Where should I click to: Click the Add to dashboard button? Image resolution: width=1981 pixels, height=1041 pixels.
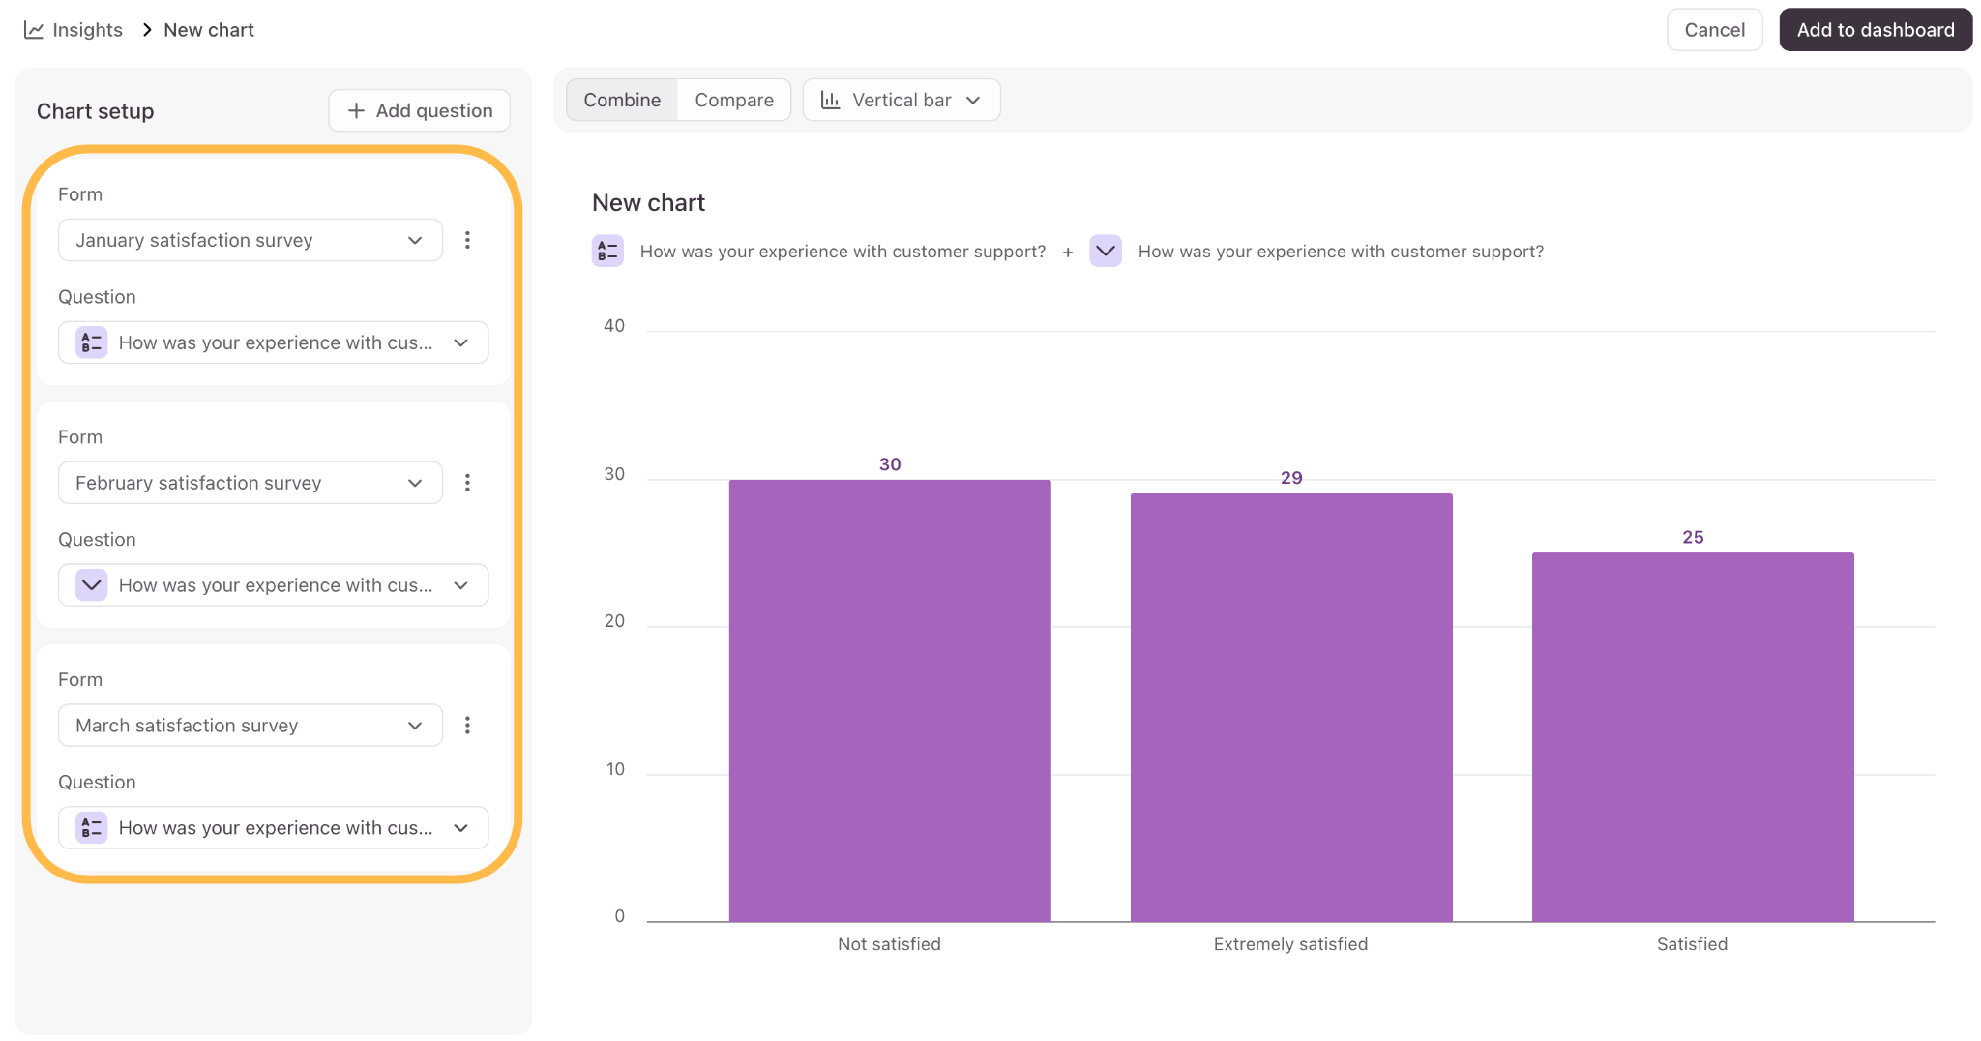click(1875, 30)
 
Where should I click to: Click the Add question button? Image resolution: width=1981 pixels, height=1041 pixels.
click(420, 110)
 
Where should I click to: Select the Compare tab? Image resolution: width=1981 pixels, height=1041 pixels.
click(734, 100)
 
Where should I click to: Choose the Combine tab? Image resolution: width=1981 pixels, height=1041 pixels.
click(622, 100)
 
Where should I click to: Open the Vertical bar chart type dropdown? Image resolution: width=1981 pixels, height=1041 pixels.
click(901, 100)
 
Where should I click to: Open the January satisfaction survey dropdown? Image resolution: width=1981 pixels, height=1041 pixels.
click(251, 240)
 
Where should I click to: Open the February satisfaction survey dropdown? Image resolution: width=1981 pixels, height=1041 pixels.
click(251, 483)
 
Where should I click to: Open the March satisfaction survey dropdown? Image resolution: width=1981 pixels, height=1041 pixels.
click(251, 726)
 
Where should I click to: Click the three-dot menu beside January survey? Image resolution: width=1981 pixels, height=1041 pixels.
click(467, 240)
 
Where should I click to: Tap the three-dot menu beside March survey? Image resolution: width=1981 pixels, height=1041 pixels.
click(467, 726)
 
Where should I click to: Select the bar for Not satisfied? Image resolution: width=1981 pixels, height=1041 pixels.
click(890, 700)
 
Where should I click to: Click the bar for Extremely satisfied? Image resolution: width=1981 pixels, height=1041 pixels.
click(1291, 707)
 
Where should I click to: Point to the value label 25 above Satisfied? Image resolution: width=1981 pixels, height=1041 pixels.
click(1693, 537)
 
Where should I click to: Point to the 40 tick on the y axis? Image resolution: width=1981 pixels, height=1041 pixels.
click(614, 326)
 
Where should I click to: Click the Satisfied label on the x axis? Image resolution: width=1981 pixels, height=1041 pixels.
click(1692, 944)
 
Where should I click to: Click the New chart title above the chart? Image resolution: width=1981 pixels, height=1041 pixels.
click(648, 203)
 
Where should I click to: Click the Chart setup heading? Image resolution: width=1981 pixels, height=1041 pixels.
click(95, 111)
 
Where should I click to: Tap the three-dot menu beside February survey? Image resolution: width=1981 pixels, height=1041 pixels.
click(467, 483)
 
